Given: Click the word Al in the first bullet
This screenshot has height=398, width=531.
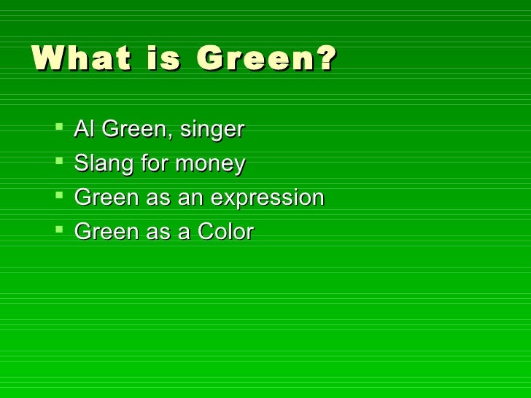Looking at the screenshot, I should pyautogui.click(x=84, y=130).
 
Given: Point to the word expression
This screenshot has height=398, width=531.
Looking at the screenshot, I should pyautogui.click(x=268, y=199).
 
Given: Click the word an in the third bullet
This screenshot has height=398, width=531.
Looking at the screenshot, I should pyautogui.click(x=191, y=199).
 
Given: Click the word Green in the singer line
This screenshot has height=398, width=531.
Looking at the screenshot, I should pyautogui.click(x=133, y=130).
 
